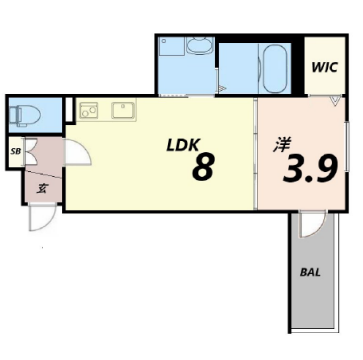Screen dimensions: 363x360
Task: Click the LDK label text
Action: point(183,145)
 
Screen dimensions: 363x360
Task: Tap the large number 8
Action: point(203,168)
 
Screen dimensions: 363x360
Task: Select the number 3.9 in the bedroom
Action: point(310,169)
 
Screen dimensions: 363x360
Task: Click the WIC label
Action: point(325,67)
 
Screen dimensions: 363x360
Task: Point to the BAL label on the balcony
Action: point(310,272)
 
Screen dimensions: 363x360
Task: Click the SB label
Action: point(16,151)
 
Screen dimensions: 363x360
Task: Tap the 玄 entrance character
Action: point(42,189)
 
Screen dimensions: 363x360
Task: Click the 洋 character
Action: point(283,145)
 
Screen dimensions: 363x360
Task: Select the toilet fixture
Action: point(24,115)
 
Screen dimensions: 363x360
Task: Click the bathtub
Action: point(275,69)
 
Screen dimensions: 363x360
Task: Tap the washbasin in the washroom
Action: point(199,45)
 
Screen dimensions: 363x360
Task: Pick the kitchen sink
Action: point(123,110)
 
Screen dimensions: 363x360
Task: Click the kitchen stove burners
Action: point(89,110)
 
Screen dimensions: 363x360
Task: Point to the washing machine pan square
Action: point(172,46)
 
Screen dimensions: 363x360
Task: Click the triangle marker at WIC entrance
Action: point(336,101)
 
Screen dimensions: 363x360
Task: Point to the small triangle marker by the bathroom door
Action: point(222,89)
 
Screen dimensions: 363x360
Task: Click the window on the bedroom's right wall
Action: point(347,147)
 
